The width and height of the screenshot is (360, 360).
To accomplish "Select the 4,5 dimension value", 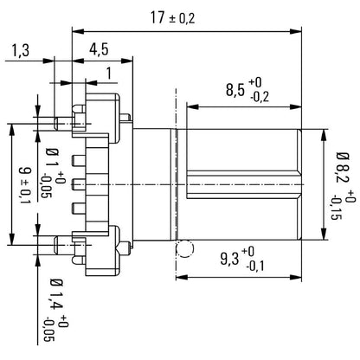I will pyautogui.click(x=98, y=49).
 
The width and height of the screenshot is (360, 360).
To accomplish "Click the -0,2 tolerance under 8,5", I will pyautogui.click(x=257, y=98).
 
